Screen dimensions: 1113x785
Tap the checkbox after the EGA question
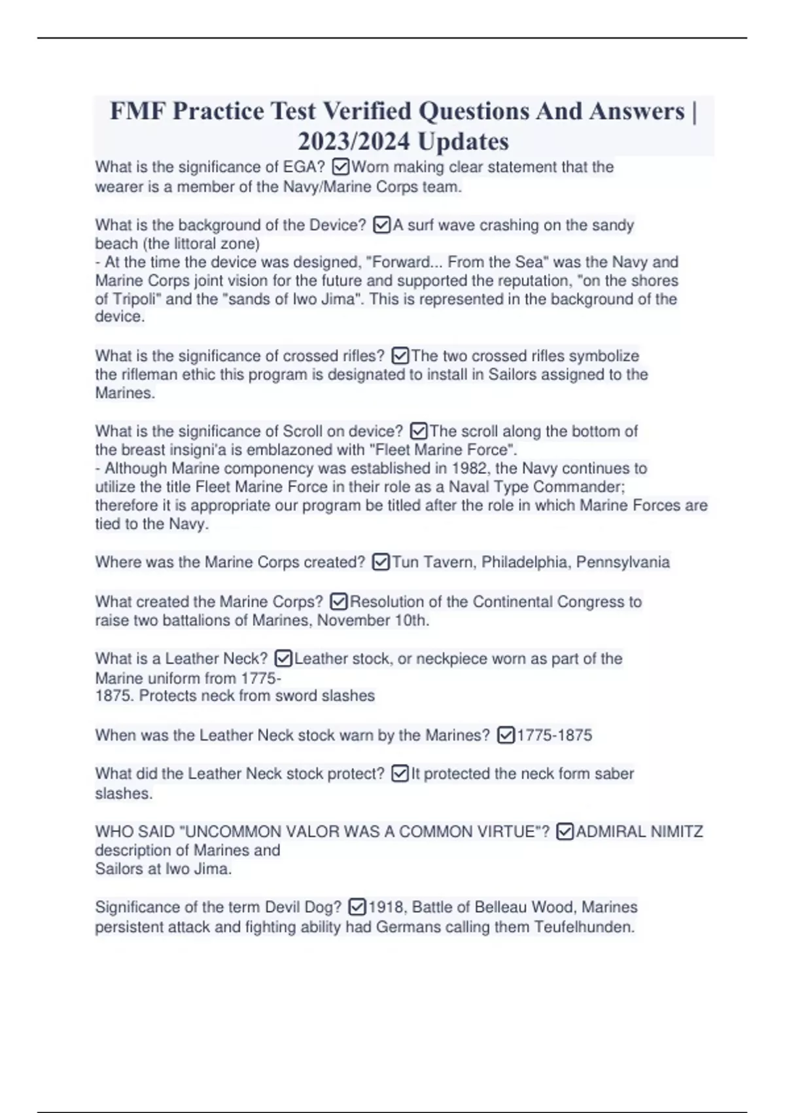point(341,167)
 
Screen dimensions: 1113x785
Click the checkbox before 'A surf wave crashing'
point(381,225)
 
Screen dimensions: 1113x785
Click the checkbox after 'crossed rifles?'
point(400,356)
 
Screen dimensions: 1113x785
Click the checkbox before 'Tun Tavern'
point(381,562)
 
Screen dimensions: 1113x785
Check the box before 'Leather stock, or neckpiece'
point(283,659)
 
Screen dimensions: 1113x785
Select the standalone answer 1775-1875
point(554,735)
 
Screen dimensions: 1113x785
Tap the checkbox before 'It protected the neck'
point(400,774)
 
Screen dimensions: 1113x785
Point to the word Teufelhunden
point(584,927)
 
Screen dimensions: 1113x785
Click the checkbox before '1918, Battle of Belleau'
point(357,907)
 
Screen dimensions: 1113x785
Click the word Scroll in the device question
point(307,431)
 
